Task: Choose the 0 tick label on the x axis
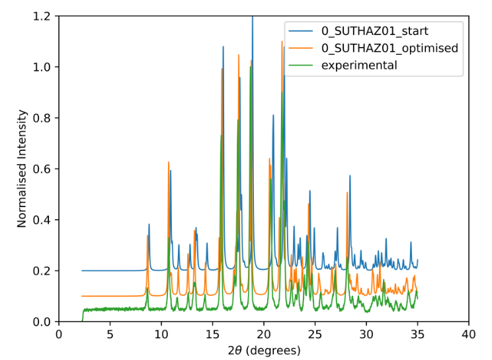tap(58, 335)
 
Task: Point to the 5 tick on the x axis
tap(110, 335)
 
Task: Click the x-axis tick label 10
tap(161, 335)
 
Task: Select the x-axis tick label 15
tap(212, 335)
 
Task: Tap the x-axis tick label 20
tap(264, 335)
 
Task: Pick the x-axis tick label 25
tap(315, 335)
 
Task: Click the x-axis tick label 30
tap(366, 335)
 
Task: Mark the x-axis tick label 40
tap(469, 335)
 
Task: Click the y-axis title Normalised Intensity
tap(22, 169)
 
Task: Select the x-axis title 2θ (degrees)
tap(264, 350)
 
